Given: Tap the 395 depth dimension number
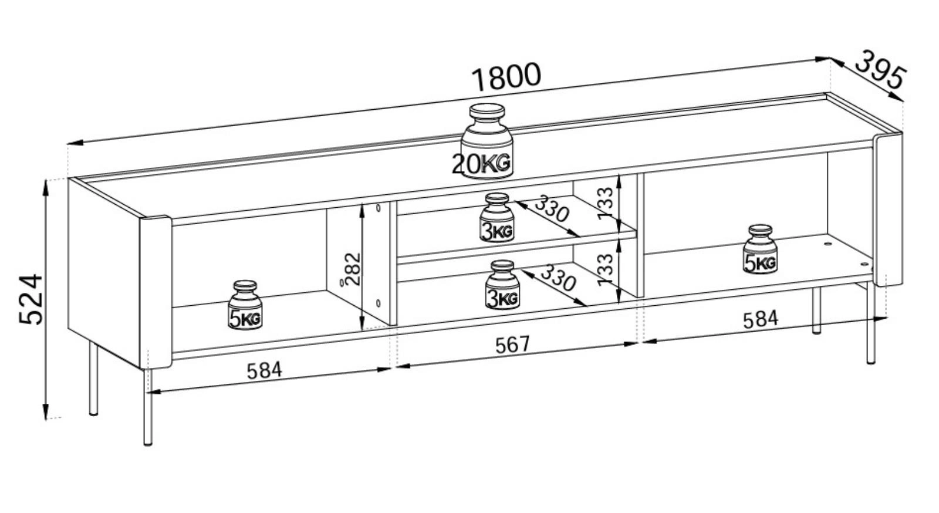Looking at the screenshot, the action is point(879,76).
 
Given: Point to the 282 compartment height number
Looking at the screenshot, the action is point(354,269).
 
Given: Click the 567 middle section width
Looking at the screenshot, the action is point(513,345).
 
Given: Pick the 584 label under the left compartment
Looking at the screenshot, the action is point(264,370).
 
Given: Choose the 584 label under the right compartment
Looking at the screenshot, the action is point(761,319).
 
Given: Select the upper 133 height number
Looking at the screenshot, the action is point(605,203).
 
